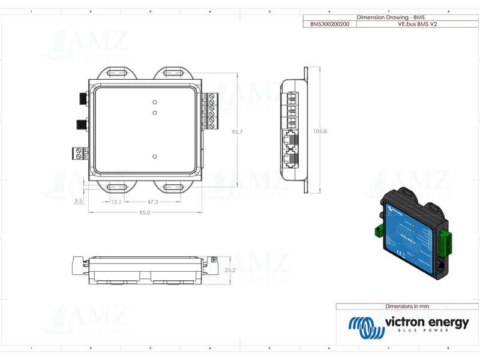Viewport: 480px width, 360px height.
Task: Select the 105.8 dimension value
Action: tap(320, 131)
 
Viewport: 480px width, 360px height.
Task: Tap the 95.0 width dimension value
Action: tap(145, 212)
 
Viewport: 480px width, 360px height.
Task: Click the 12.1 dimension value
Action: tap(116, 202)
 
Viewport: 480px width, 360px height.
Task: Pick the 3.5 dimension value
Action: tap(78, 201)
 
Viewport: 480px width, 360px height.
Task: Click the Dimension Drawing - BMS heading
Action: tap(382, 18)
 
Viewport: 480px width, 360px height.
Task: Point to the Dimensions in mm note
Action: tap(407, 306)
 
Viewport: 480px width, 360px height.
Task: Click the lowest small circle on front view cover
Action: tap(155, 157)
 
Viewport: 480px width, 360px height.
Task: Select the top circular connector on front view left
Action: tap(80, 98)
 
